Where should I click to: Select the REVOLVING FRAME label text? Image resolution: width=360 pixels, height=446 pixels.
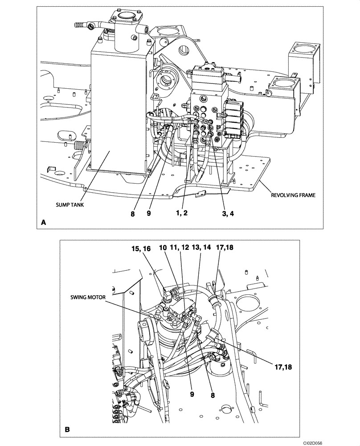click(290, 194)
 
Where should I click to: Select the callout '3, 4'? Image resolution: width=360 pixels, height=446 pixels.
click(227, 213)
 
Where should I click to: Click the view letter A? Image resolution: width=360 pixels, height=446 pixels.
click(43, 222)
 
